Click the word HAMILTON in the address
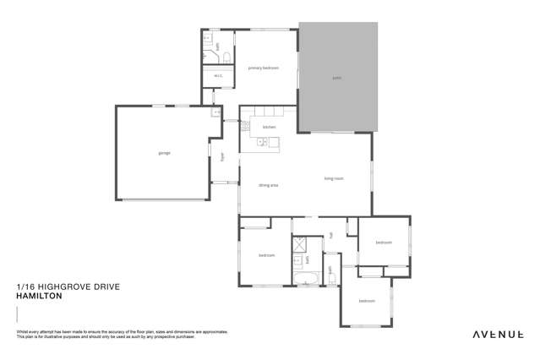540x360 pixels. click(36, 297)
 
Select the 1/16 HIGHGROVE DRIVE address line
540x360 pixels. click(68, 287)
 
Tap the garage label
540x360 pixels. click(164, 153)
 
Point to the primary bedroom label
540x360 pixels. click(263, 68)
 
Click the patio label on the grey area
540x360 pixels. click(336, 78)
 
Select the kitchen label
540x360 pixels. click(269, 127)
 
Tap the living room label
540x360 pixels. click(334, 178)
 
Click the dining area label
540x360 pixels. click(269, 184)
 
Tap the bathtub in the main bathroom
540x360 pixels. click(305, 278)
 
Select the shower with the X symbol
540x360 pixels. click(300, 246)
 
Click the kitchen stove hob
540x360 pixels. click(246, 127)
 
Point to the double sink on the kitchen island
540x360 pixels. click(264, 143)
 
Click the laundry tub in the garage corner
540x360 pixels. click(215, 112)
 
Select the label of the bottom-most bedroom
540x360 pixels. click(366, 301)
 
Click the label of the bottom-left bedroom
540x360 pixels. click(266, 255)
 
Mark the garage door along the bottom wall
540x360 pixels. click(164, 199)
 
